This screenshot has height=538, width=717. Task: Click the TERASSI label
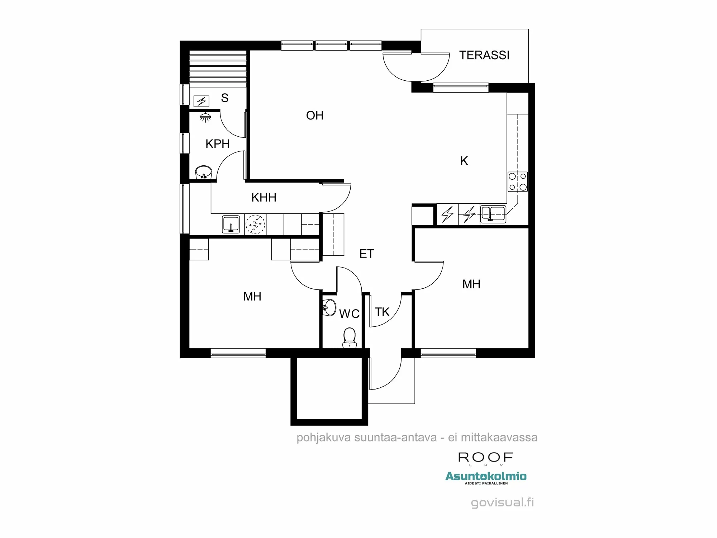pyautogui.click(x=484, y=55)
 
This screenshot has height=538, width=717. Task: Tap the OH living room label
pyautogui.click(x=315, y=115)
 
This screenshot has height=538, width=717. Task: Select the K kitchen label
pyautogui.click(x=464, y=161)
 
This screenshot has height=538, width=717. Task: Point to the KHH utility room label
pyautogui.click(x=263, y=198)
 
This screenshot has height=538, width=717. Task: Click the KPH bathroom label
pyautogui.click(x=217, y=144)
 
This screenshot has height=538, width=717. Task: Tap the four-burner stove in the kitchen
pyautogui.click(x=518, y=181)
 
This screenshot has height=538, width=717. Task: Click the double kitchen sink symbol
pyautogui.click(x=493, y=214)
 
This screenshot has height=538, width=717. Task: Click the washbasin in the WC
pyautogui.click(x=329, y=307)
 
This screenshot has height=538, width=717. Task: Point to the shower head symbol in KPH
pyautogui.click(x=205, y=117)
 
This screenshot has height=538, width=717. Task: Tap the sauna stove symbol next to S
pyautogui.click(x=201, y=101)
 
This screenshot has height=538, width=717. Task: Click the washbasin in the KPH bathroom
pyautogui.click(x=204, y=173)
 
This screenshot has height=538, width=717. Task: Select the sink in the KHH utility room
pyautogui.click(x=231, y=225)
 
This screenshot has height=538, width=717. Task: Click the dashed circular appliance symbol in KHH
pyautogui.click(x=255, y=225)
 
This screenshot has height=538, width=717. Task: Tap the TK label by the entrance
pyautogui.click(x=382, y=312)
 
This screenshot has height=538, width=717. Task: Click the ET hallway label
pyautogui.click(x=366, y=254)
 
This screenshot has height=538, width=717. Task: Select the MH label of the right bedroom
pyautogui.click(x=471, y=284)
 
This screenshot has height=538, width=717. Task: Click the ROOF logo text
pyautogui.click(x=486, y=458)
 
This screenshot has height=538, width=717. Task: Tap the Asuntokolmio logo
pyautogui.click(x=486, y=477)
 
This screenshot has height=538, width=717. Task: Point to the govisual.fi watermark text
pyautogui.click(x=502, y=502)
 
